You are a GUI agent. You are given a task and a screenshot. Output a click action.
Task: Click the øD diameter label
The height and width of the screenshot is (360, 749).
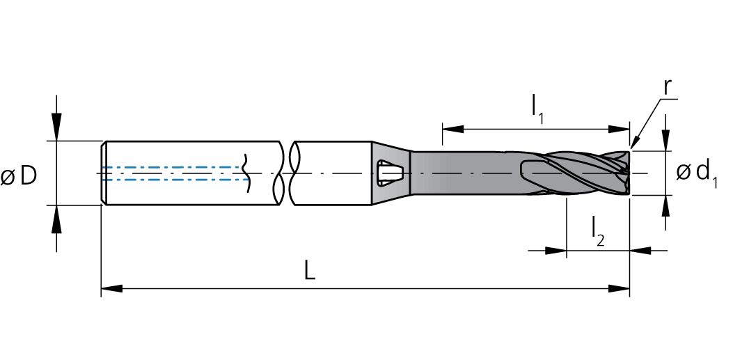point(19,176)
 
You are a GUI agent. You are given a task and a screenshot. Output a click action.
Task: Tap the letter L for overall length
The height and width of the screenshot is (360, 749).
point(310,272)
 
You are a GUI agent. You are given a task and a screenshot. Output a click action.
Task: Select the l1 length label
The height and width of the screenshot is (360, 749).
point(538,111)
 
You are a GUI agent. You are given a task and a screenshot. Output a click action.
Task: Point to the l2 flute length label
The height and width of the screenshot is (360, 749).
point(597,231)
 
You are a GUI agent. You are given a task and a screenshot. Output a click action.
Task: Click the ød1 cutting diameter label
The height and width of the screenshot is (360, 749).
point(697,174)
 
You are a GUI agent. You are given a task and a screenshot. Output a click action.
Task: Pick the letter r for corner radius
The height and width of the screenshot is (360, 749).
point(668,88)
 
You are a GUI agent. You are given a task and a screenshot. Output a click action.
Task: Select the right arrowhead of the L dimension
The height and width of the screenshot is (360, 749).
point(619,289)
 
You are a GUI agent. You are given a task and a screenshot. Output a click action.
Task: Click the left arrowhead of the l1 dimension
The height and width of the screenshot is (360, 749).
point(453,129)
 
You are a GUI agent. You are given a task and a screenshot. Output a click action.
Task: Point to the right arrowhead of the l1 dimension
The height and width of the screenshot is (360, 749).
point(619,129)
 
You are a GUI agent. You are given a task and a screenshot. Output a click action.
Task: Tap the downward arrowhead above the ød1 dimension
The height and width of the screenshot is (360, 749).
point(666,140)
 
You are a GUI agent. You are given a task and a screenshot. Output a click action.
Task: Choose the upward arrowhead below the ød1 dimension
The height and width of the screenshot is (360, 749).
point(666,206)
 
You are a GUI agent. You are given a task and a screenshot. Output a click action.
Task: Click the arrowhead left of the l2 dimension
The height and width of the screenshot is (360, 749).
point(555,250)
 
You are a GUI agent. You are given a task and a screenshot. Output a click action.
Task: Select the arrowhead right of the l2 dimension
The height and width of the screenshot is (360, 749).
point(640,250)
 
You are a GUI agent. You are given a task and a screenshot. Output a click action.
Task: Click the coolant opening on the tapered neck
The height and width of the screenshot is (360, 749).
point(390,173)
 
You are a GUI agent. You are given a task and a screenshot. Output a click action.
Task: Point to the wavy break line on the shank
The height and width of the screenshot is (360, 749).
point(246,173)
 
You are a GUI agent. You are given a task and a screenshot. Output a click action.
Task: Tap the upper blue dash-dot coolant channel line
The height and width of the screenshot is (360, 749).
point(175,167)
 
